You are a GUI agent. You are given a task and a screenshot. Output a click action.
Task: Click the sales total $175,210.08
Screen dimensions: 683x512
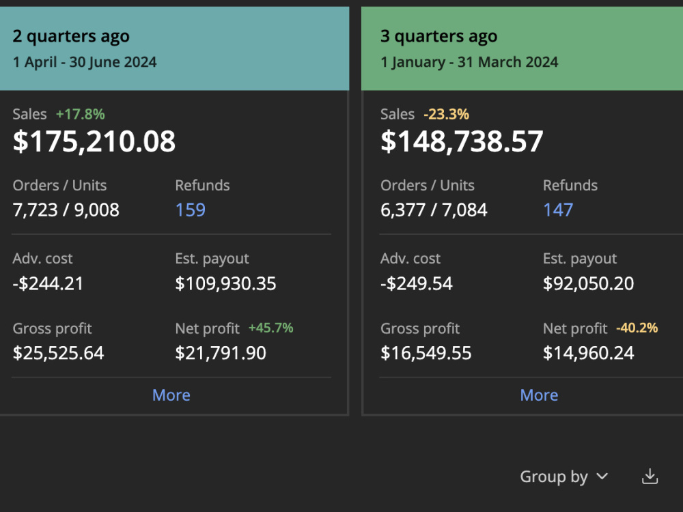(94, 141)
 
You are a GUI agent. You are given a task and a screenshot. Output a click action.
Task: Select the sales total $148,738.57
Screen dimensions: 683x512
(462, 141)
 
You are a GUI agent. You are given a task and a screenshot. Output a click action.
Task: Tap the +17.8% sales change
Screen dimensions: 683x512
(80, 114)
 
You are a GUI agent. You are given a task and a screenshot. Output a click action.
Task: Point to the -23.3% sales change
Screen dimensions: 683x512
(447, 114)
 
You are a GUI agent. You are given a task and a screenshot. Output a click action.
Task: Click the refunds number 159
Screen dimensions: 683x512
(191, 210)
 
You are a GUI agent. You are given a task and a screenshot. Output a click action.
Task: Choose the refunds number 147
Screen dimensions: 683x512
(558, 210)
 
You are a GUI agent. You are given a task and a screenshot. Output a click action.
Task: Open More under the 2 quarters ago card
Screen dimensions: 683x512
(171, 395)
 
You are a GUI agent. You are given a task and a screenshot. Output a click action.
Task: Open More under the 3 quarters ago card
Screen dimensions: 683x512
(539, 395)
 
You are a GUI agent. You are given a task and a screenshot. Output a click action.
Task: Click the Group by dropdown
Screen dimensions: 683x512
(564, 477)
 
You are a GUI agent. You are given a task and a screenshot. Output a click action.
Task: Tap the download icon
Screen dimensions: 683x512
(650, 477)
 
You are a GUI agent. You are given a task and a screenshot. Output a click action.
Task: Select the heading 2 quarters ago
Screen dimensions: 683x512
(71, 37)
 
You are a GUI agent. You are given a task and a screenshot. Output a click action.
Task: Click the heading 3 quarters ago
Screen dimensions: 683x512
(438, 37)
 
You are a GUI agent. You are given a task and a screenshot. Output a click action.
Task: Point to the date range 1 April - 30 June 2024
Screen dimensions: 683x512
(85, 62)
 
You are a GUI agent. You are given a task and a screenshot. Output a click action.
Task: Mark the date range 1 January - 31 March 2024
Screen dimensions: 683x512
(469, 62)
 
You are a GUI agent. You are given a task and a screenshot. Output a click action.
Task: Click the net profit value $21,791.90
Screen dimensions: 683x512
(221, 353)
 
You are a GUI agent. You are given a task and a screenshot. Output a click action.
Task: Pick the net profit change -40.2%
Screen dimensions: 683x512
(637, 328)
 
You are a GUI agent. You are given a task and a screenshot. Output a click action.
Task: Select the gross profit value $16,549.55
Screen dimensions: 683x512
(426, 353)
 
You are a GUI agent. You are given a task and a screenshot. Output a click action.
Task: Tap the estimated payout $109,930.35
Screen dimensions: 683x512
(225, 283)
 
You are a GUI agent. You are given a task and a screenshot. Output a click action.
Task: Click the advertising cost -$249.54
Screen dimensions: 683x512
(417, 283)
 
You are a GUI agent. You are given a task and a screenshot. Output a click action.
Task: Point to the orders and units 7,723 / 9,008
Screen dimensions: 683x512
(66, 210)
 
